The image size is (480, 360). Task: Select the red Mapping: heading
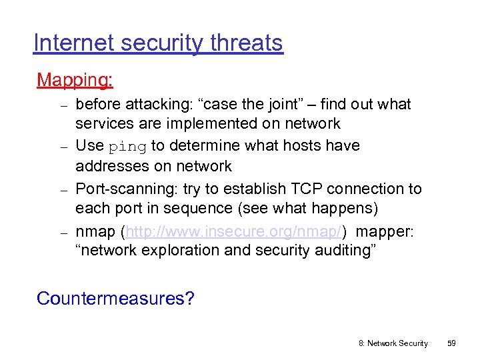click(x=75, y=81)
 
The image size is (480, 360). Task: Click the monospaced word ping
click(x=127, y=146)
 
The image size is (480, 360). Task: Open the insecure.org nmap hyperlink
click(x=234, y=231)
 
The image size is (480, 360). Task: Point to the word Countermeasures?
click(x=115, y=298)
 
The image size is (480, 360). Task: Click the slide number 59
click(x=451, y=343)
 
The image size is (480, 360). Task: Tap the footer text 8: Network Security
click(x=393, y=343)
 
